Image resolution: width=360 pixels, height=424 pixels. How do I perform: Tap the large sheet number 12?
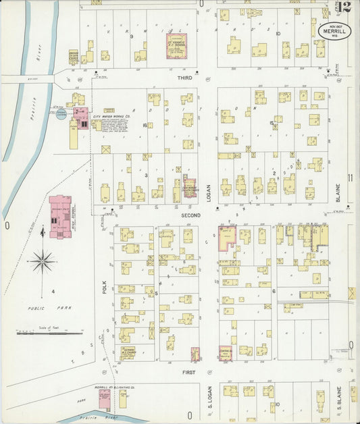345,7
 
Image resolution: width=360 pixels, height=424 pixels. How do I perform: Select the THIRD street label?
184,78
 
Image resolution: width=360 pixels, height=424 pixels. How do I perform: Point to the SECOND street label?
190,214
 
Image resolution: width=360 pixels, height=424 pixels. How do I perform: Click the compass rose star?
43,259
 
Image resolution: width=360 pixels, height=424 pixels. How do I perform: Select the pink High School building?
60,217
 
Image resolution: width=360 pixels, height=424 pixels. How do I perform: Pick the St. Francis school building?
178,47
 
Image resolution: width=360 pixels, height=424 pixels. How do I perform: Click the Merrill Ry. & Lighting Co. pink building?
105,399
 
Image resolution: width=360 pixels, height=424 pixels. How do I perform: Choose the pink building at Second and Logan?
226,238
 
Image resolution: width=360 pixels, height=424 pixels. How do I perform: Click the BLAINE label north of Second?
339,192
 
